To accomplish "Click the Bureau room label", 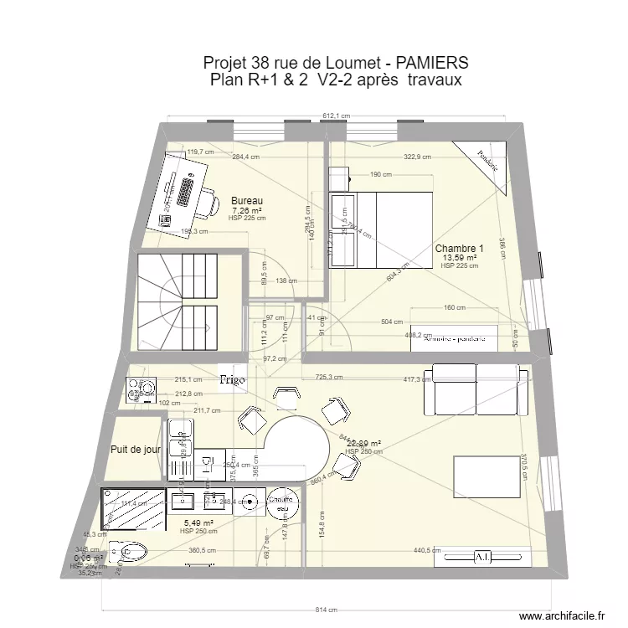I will pyautogui.click(x=247, y=201).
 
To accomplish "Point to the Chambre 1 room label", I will pyautogui.click(x=459, y=249).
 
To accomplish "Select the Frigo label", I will pyautogui.click(x=233, y=380).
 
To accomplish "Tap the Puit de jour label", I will pyautogui.click(x=135, y=449).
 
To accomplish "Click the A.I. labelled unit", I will pyautogui.click(x=483, y=556).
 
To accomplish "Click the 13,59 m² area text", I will pyautogui.click(x=460, y=258).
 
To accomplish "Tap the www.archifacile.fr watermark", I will pyautogui.click(x=560, y=615).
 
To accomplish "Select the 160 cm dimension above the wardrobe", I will pyautogui.click(x=455, y=308).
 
